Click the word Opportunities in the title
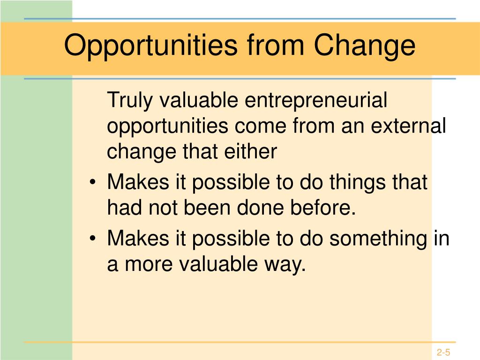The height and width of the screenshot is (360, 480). [150, 45]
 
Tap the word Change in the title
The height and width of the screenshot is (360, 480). [364, 45]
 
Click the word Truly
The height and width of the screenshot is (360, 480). [130, 100]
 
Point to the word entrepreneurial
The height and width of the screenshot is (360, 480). [316, 100]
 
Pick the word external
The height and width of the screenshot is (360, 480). [408, 126]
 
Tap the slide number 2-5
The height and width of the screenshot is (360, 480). [443, 352]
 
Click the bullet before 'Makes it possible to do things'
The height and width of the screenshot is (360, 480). [93, 182]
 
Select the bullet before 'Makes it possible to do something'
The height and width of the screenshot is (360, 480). [93, 239]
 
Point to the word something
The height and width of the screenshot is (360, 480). [378, 239]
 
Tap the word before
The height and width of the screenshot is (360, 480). [323, 207]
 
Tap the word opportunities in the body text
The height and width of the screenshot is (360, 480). [167, 127]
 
